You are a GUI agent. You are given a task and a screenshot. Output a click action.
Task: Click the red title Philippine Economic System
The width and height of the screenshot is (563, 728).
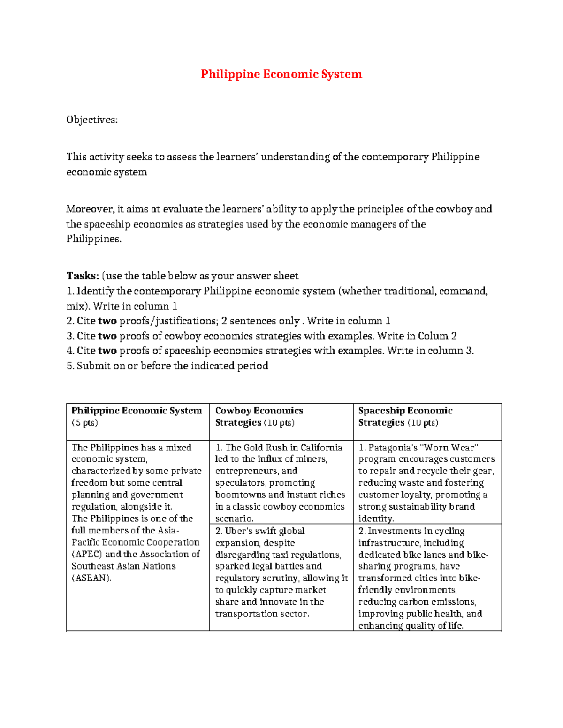281,75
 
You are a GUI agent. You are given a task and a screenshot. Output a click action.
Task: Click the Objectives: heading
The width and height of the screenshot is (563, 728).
92,120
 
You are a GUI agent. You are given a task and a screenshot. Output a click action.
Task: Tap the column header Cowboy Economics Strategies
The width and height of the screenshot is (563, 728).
259,416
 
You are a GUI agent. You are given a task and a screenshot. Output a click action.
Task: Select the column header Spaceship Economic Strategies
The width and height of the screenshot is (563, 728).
405,416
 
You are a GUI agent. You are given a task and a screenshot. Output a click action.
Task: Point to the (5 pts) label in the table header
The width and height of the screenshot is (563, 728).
85,423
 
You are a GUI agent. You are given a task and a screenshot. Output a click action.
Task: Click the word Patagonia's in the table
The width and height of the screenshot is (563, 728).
393,448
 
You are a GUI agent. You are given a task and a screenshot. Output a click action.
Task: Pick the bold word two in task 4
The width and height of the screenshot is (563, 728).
107,351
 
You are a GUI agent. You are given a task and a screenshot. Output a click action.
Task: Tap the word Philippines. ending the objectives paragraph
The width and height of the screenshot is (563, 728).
94,239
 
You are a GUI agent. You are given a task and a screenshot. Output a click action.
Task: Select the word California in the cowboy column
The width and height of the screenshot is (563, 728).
321,448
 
